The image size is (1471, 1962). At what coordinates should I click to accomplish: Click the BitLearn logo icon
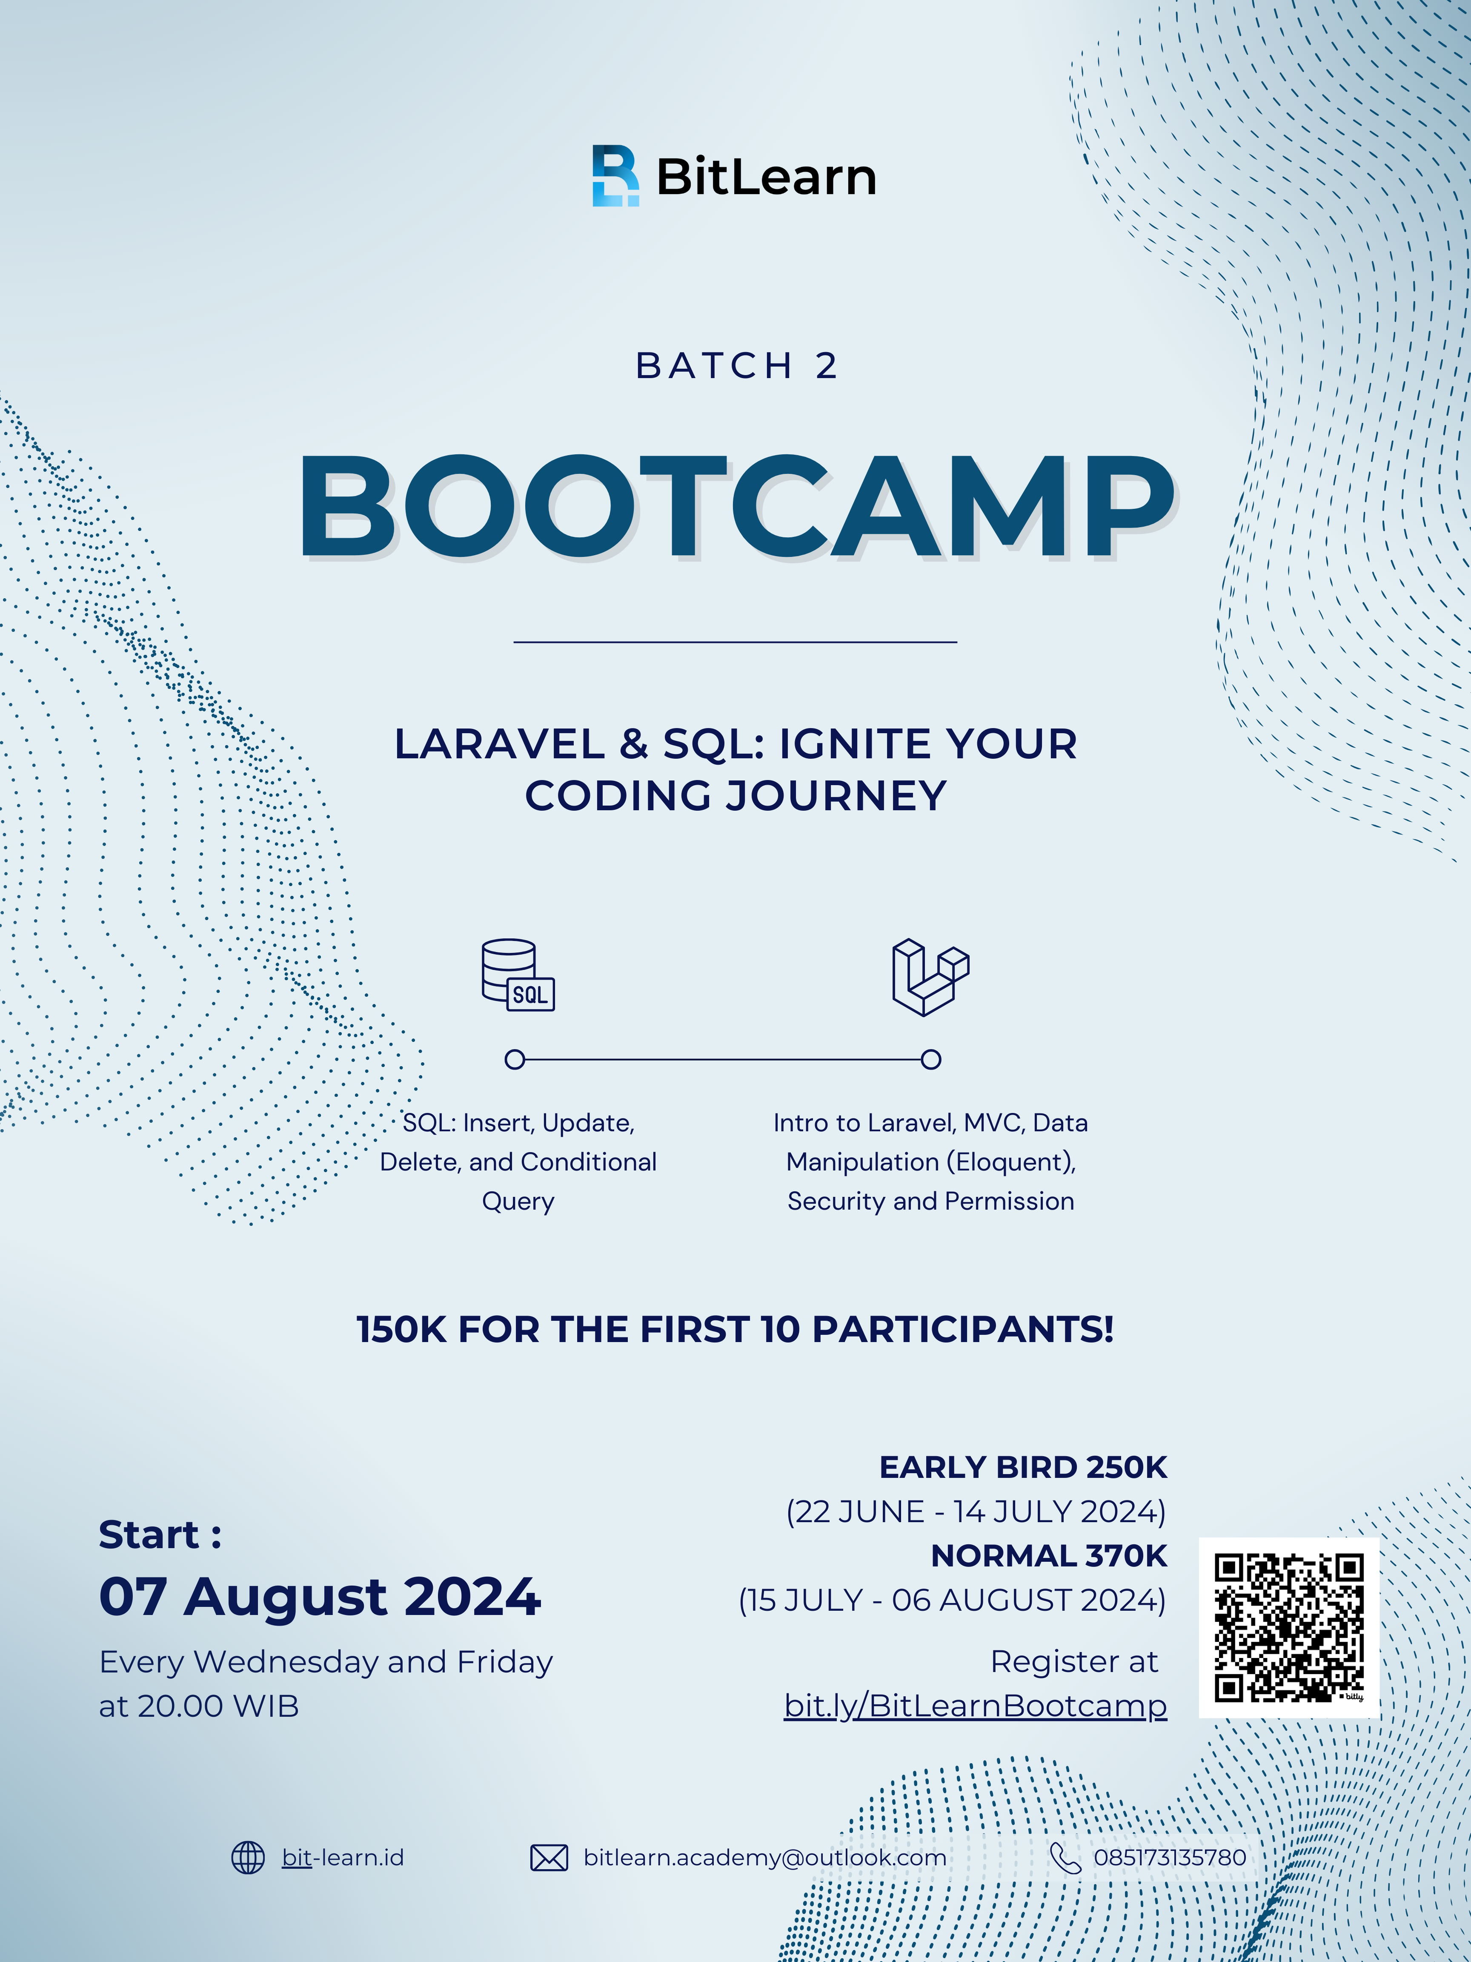pyautogui.click(x=615, y=175)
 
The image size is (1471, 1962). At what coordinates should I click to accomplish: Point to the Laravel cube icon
pyautogui.click(x=930, y=977)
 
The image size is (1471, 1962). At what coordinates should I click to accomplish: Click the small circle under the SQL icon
pyautogui.click(x=514, y=1059)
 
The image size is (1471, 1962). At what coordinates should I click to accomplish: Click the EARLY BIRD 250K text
pyautogui.click(x=1023, y=1467)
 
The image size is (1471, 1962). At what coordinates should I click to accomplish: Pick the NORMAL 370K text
pyautogui.click(x=1049, y=1556)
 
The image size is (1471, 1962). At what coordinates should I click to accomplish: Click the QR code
pyautogui.click(x=1288, y=1628)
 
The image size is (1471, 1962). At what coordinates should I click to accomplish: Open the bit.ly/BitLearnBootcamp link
pyautogui.click(x=976, y=1706)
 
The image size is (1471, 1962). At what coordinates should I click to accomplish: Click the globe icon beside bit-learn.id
pyautogui.click(x=248, y=1857)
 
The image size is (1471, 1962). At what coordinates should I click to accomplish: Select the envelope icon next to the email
pyautogui.click(x=549, y=1857)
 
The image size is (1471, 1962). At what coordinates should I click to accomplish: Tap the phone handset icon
pyautogui.click(x=1065, y=1857)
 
